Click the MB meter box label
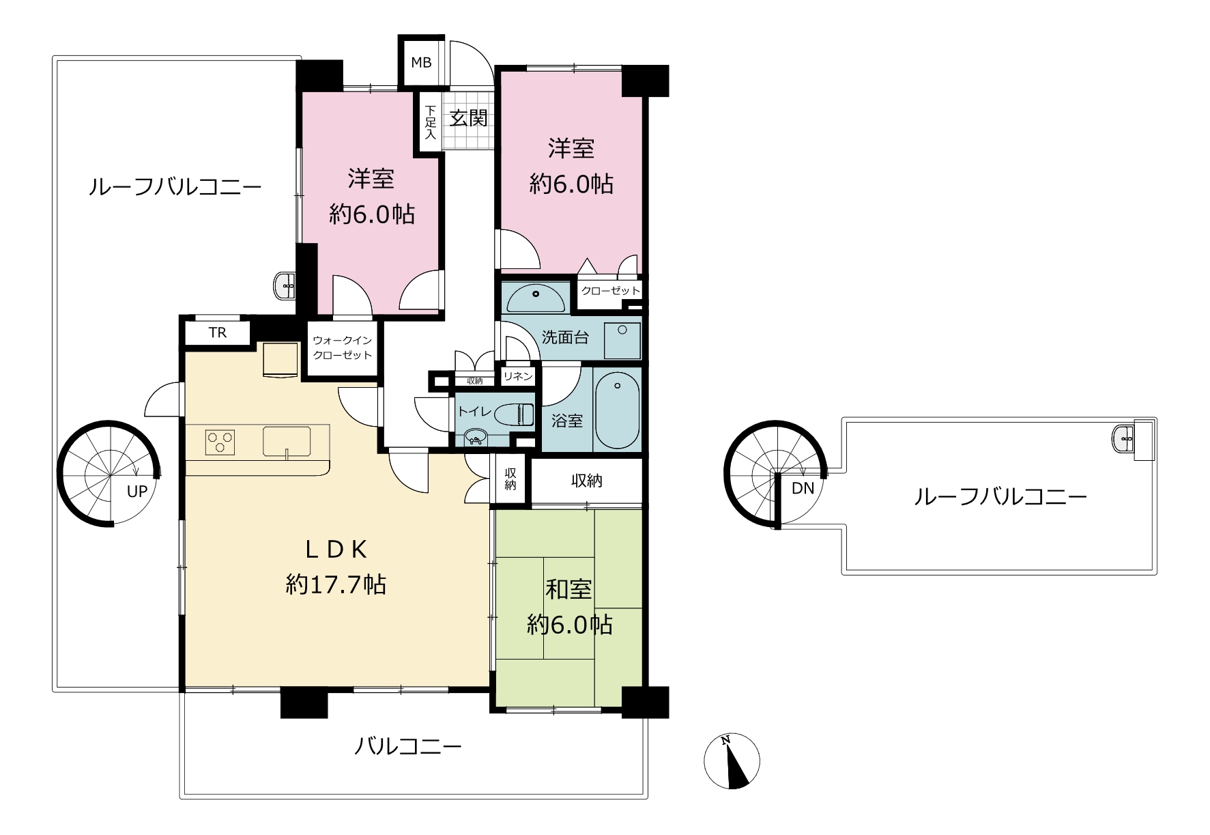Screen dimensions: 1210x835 (x=421, y=62)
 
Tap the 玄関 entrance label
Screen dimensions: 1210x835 (x=469, y=118)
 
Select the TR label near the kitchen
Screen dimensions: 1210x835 (x=217, y=332)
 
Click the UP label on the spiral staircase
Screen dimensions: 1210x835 (x=137, y=491)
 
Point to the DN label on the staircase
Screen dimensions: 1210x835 (x=803, y=489)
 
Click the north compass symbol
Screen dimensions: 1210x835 (x=732, y=762)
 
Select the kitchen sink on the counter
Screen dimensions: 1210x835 (x=287, y=441)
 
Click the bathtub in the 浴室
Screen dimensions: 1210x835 (x=617, y=410)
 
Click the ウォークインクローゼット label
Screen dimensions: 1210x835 (x=342, y=348)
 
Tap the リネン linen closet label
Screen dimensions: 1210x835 (x=518, y=376)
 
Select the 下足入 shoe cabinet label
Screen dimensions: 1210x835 (x=430, y=122)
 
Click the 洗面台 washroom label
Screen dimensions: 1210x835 (x=565, y=337)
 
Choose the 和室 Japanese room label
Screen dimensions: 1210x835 (x=568, y=589)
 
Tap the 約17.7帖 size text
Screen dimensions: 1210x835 (x=336, y=584)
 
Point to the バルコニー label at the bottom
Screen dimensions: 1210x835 (x=407, y=746)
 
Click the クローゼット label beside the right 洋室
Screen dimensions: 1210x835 (x=611, y=291)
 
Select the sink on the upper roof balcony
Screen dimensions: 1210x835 (x=1123, y=438)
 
